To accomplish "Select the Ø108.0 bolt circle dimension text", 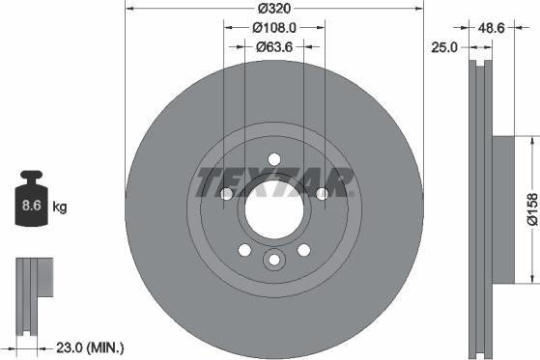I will tap(273, 28).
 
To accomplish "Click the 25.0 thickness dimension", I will tap(444, 45).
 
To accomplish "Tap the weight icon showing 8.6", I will tap(31, 203).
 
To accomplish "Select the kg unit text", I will tap(59, 207).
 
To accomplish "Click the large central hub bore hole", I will tap(273, 207).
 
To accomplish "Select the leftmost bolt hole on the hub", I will tap(226, 194).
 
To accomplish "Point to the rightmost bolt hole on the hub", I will tap(321, 194).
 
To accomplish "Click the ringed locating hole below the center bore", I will tap(273, 259).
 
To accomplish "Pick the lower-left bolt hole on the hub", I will tap(244, 250).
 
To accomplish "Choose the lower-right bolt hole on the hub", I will tap(303, 250).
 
